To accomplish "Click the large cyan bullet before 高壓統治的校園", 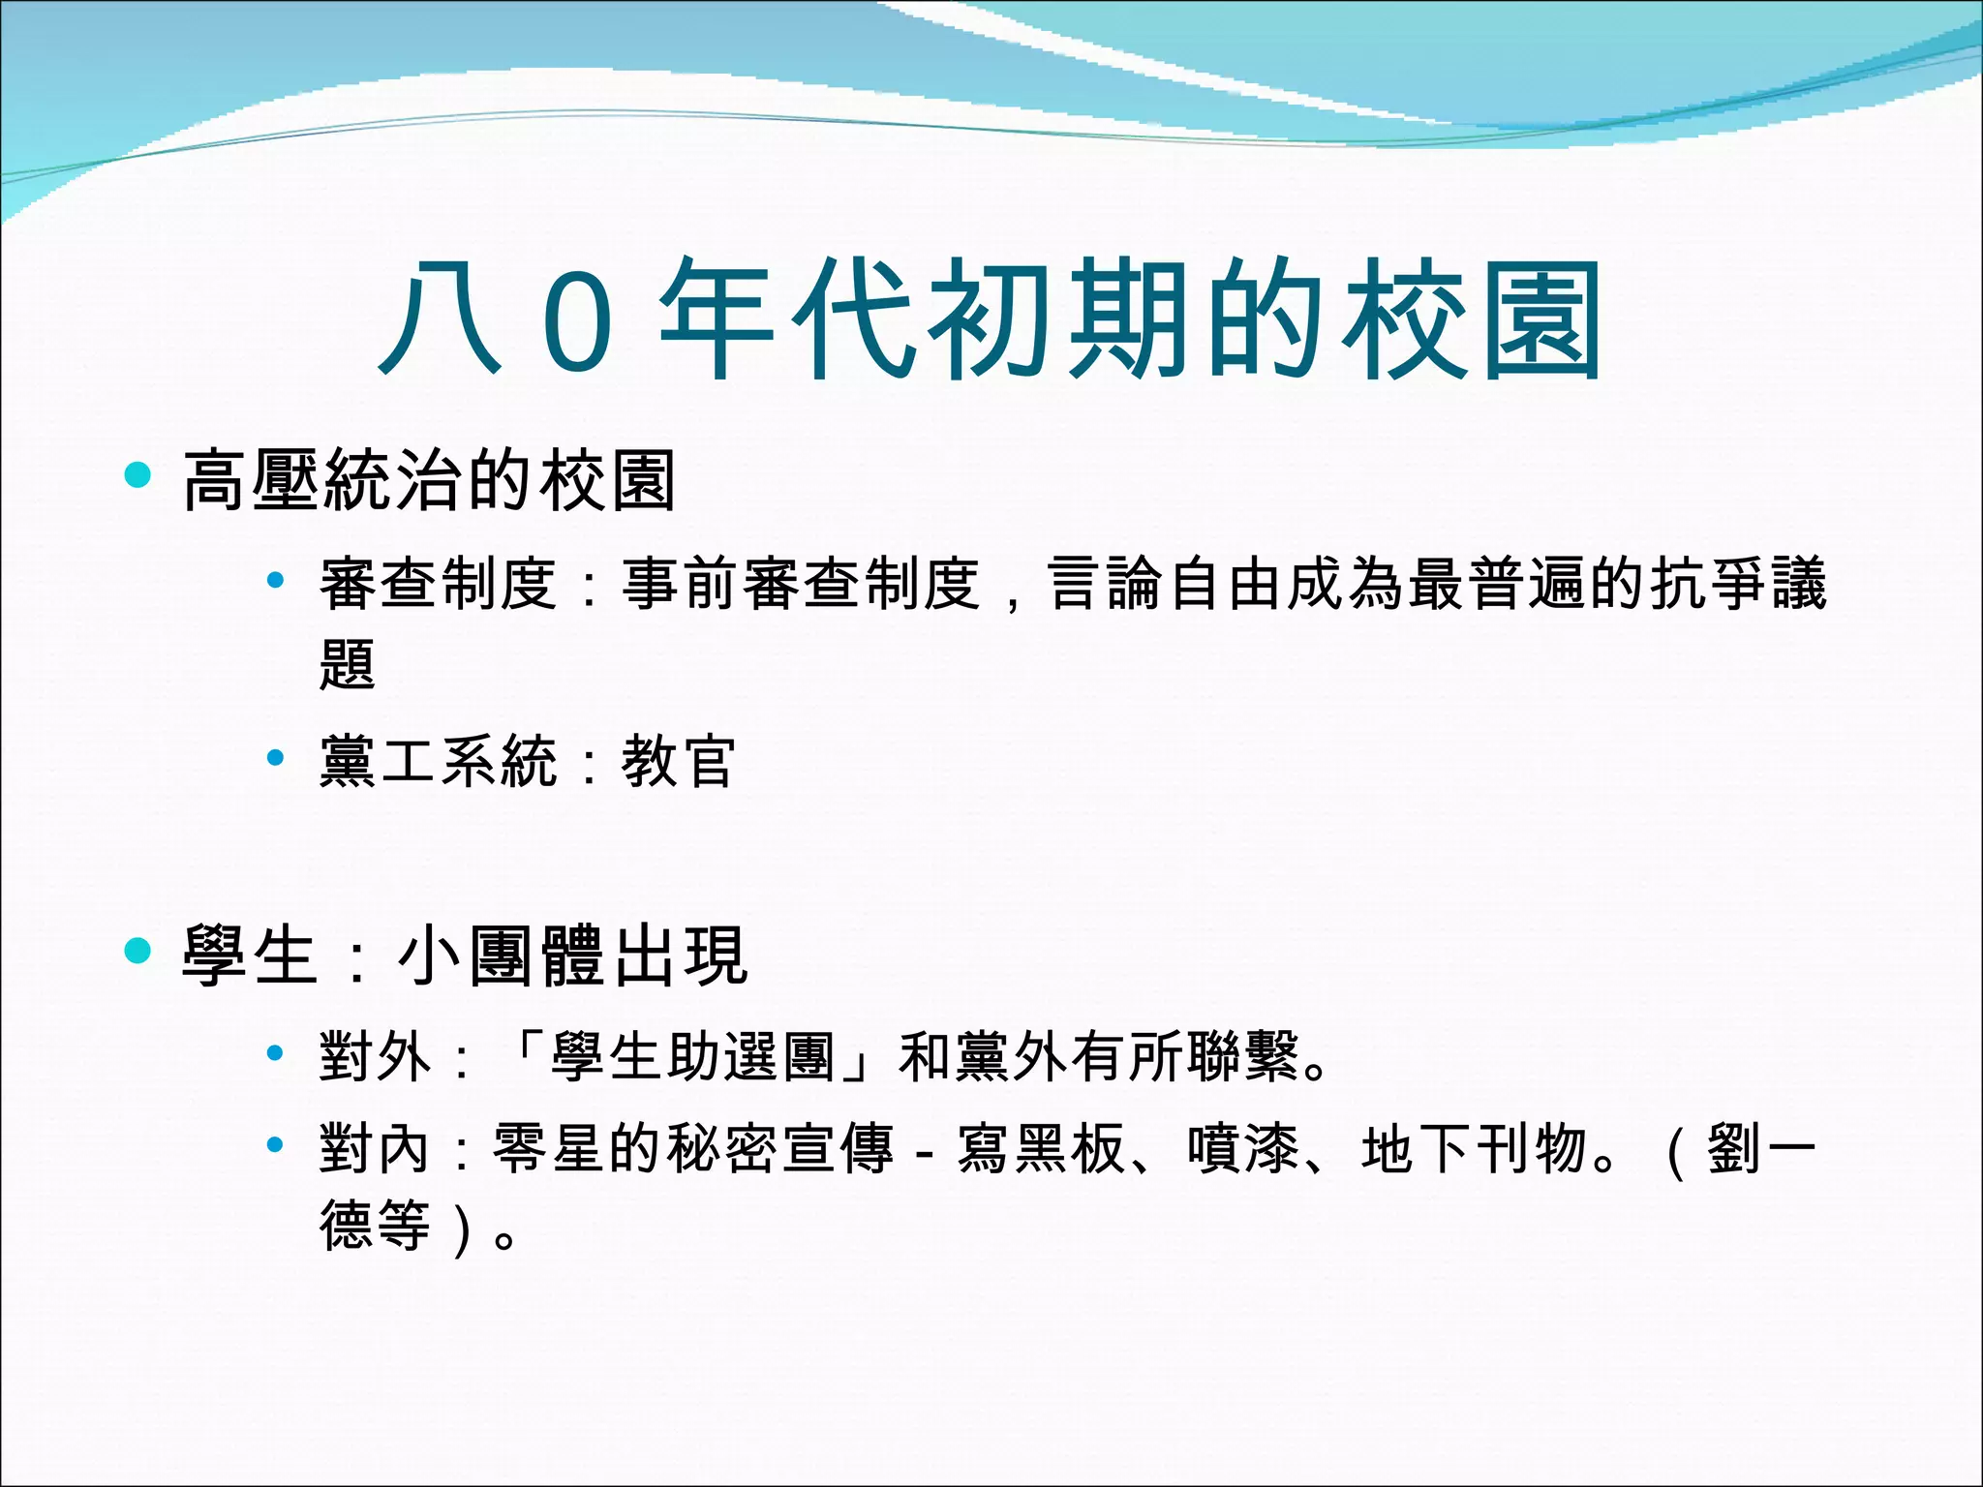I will pyautogui.click(x=138, y=474).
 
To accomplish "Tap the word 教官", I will pyautogui.click(x=679, y=761).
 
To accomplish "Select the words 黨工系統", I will pyautogui.click(x=439, y=761).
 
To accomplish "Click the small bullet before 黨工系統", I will pyautogui.click(x=275, y=756).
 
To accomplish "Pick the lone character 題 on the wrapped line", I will pyautogui.click(x=348, y=664).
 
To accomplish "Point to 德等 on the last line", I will pyautogui.click(x=376, y=1226).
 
